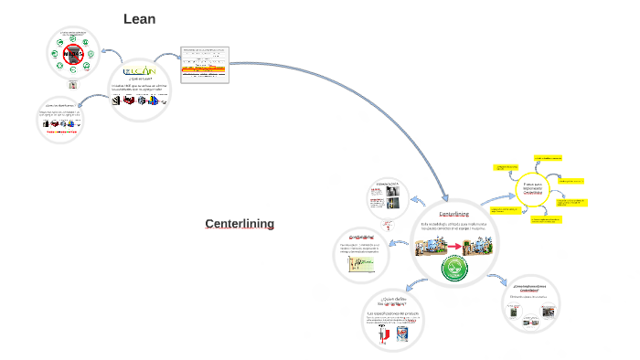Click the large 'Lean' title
pyautogui.click(x=140, y=18)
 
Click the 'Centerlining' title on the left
pyautogui.click(x=240, y=224)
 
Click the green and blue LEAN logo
pyautogui.click(x=140, y=69)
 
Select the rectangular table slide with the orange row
pyautogui.click(x=204, y=64)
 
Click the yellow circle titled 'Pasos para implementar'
pyautogui.click(x=533, y=187)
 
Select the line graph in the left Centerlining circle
pyautogui.click(x=362, y=264)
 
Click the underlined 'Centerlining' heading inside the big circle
pyautogui.click(x=454, y=213)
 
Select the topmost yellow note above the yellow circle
pyautogui.click(x=548, y=156)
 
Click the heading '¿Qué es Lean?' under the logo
pyautogui.click(x=140, y=79)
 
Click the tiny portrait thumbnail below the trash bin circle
pyautogui.click(x=73, y=85)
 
